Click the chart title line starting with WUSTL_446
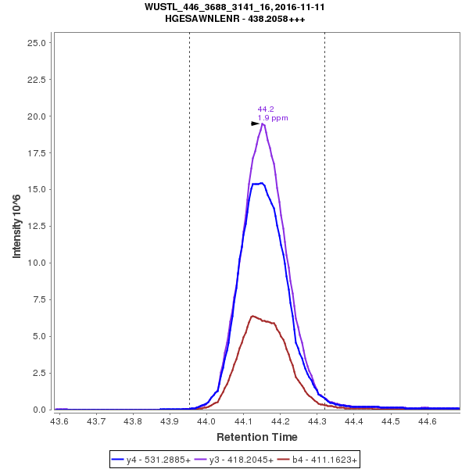[234, 6]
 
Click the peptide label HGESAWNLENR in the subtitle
[202, 18]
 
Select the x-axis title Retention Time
[257, 436]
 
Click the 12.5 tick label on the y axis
[37, 226]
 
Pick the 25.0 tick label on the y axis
[37, 42]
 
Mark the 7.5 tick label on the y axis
[39, 299]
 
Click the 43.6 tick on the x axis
[59, 421]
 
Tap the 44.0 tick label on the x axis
[206, 421]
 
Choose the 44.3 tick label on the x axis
[317, 421]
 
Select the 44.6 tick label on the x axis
[427, 421]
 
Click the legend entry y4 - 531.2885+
[159, 460]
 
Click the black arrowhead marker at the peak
[256, 124]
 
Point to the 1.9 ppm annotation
[273, 118]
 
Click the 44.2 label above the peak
[266, 109]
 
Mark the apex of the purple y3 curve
[263, 124]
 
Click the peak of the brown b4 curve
[252, 316]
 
